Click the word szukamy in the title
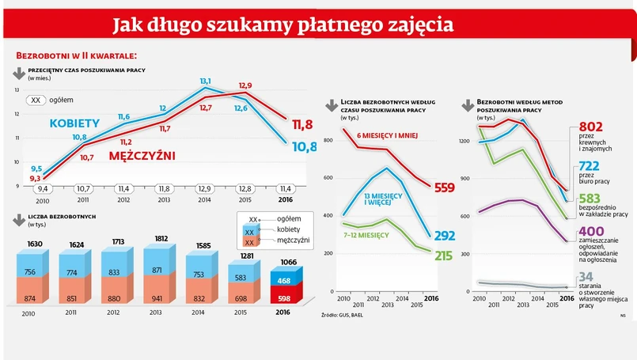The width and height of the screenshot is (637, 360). [229, 25]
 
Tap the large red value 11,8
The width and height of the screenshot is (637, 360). [302, 124]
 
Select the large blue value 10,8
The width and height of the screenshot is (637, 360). [304, 146]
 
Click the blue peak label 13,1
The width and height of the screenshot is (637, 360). [205, 81]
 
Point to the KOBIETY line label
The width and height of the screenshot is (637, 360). [74, 123]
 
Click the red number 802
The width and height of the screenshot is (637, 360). [592, 127]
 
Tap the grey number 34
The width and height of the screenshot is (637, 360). [586, 276]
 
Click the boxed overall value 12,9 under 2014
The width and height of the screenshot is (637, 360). [205, 188]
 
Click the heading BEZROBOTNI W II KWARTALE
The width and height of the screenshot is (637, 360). [77, 56]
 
